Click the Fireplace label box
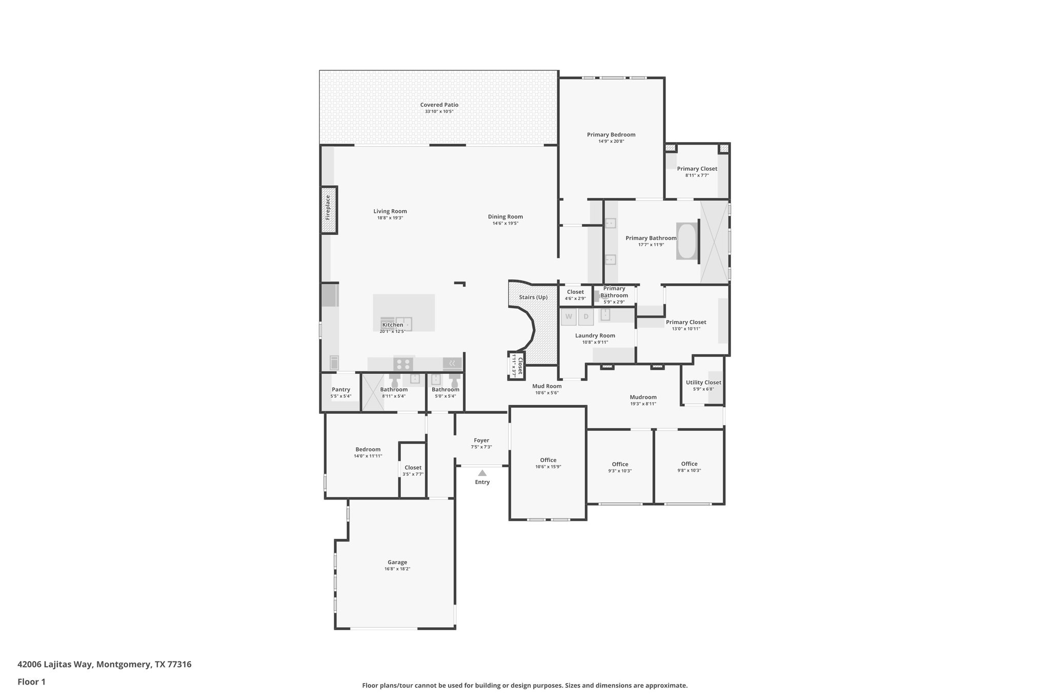[x=329, y=210]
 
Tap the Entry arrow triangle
[x=482, y=473]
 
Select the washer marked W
[x=569, y=317]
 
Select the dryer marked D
[x=586, y=317]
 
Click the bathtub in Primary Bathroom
[x=686, y=241]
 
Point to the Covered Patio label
[x=439, y=105]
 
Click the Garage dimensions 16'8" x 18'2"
[x=397, y=569]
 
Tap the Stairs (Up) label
[x=533, y=297]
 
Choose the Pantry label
[x=341, y=390]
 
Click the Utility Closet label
[x=703, y=383]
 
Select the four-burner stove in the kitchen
[x=403, y=364]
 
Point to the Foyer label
[x=481, y=441]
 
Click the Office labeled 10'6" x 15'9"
[x=548, y=460]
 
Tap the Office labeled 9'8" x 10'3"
[x=689, y=464]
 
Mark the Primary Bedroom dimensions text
[x=611, y=142]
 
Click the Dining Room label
[x=505, y=216]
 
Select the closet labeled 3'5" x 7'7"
[x=413, y=468]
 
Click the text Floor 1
[x=31, y=682]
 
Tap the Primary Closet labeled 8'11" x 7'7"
[x=697, y=169]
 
